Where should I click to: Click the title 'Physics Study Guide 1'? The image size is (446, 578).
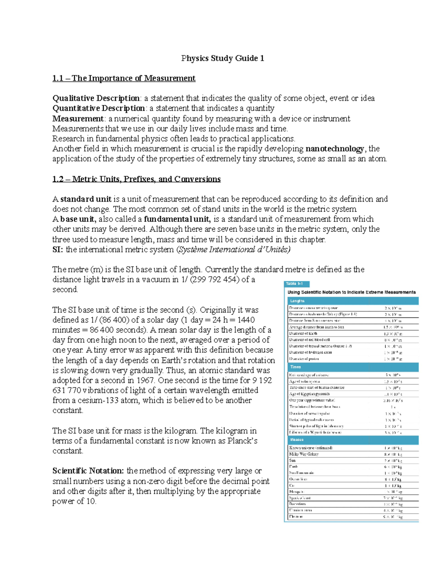[223, 58]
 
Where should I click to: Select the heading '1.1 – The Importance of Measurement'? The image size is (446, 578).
[124, 78]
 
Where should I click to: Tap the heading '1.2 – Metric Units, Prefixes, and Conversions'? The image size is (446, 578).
[136, 179]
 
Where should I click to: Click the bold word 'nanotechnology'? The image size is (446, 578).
[334, 149]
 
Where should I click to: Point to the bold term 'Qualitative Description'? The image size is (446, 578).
[96, 98]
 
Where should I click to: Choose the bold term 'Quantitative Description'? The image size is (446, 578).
[98, 108]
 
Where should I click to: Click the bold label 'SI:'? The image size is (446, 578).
[58, 250]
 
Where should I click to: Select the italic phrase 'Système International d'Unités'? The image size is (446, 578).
[233, 250]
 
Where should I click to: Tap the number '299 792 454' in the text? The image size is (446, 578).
[215, 280]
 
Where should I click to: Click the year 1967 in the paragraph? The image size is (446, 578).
[145, 380]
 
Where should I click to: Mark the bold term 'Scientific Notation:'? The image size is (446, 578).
[88, 471]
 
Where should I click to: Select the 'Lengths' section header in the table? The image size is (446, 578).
[297, 301]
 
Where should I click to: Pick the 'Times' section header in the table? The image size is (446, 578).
[295, 367]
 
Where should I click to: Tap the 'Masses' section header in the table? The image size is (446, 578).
[297, 440]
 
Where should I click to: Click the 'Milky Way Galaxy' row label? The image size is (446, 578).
[304, 454]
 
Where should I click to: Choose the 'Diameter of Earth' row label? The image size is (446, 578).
[303, 333]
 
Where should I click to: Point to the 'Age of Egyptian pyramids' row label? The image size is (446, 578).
[309, 394]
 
